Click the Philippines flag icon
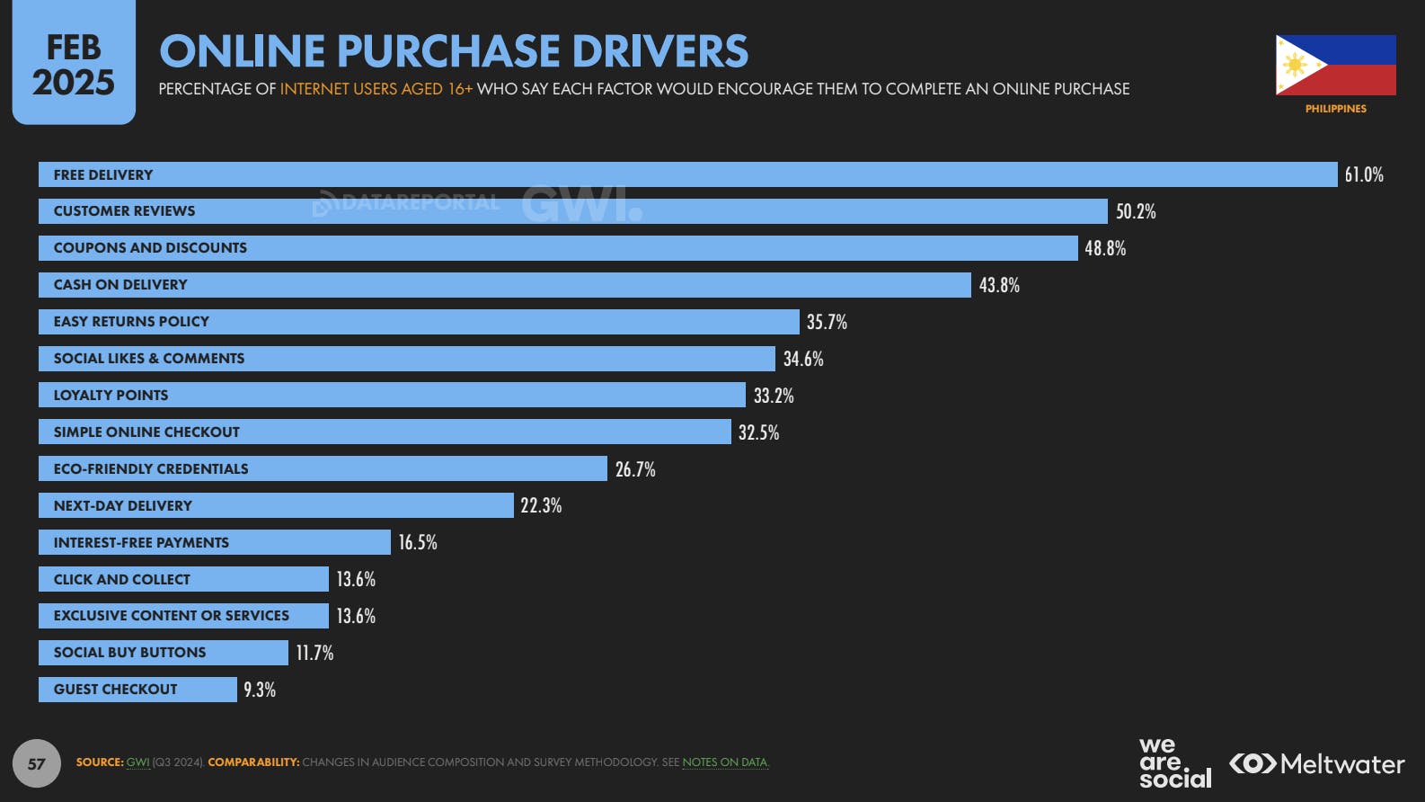1335,65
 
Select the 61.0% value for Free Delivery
1363,174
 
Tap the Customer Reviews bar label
124,211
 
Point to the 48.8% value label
1104,248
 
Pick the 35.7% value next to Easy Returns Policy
826,322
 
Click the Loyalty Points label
111,396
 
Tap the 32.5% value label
757,432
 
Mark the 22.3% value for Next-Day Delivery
540,505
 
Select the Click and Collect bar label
121,580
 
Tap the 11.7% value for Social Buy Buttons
314,653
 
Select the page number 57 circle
36,763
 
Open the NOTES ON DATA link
724,762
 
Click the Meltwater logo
1316,764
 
